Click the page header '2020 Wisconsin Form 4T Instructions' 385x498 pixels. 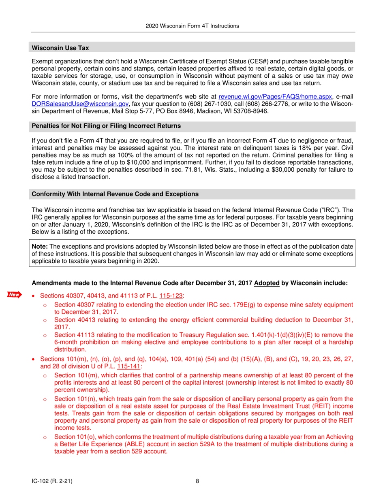(x=192, y=26)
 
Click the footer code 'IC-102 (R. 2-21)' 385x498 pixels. (x=53, y=481)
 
